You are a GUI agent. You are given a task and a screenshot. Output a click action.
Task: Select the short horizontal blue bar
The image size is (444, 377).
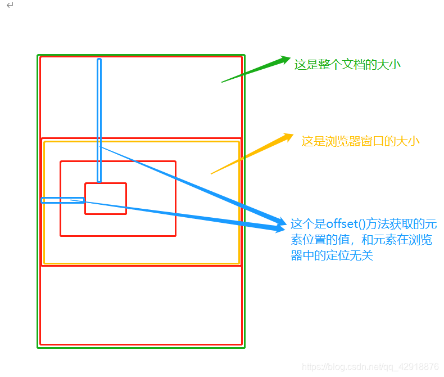coord(62,200)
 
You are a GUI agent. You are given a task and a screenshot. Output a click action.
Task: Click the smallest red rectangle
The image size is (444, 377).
coord(106,198)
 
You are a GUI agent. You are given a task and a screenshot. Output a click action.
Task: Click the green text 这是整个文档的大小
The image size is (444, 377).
coord(347,64)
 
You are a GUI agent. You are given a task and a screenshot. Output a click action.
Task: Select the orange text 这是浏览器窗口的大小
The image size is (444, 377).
coord(360,141)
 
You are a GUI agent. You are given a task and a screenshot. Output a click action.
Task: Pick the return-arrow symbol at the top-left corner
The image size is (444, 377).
coord(10,5)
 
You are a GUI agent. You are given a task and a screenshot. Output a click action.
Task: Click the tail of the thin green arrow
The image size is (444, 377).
coord(223,82)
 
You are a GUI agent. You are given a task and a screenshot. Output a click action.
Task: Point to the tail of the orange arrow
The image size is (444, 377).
coord(212,173)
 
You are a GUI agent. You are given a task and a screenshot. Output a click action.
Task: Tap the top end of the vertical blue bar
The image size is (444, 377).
coord(99,61)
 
